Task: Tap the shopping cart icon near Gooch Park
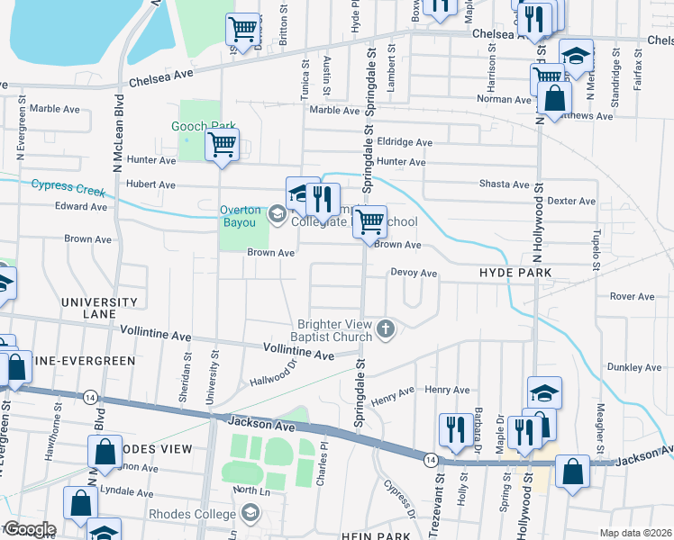222,144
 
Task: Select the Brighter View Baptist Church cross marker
387,329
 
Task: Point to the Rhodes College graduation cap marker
250,515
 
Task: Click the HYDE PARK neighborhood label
515,271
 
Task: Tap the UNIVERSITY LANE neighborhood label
99,308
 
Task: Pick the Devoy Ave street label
414,273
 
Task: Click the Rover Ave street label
632,296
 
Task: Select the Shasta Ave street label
507,184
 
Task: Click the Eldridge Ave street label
405,142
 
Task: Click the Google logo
29,529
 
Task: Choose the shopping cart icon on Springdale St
368,220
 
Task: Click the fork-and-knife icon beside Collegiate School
322,197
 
